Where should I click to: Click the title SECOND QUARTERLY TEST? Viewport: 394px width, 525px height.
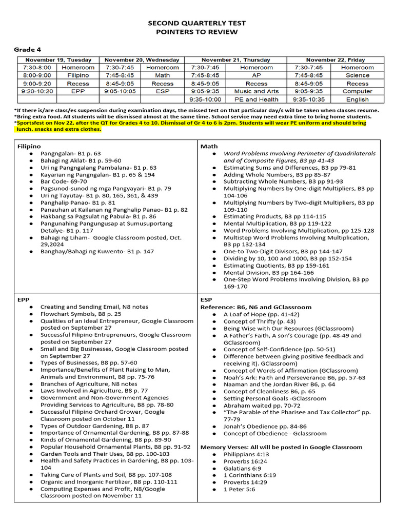(197, 23)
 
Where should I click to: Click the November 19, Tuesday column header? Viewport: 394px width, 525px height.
(55, 59)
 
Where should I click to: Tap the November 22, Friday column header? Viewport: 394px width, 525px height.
(336, 59)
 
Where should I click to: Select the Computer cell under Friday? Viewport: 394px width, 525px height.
(357, 91)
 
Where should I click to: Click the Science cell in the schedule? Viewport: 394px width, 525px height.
(357, 75)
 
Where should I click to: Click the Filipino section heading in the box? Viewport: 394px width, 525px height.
(29, 146)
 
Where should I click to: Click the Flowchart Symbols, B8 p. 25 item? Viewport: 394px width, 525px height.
(81, 314)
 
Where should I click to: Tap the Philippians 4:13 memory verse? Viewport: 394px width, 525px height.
(246, 454)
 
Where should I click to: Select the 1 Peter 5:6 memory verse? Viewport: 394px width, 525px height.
(239, 489)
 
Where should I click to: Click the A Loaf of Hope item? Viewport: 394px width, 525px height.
(261, 314)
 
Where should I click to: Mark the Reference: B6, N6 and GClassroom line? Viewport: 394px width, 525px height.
(255, 307)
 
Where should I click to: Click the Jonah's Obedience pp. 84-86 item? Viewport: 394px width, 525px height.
(265, 426)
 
